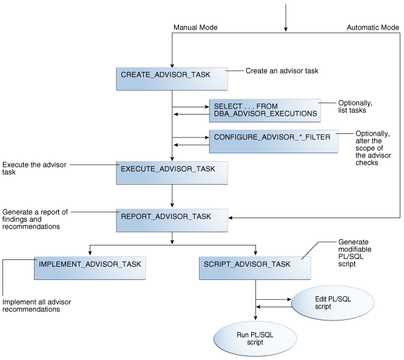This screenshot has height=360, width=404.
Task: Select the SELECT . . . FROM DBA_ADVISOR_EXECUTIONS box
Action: click(264, 110)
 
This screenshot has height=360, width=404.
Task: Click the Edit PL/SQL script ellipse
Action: click(331, 302)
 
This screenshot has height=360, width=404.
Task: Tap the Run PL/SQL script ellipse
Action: click(255, 338)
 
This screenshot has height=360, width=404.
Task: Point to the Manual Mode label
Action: click(195, 28)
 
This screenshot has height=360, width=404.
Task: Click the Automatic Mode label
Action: click(372, 28)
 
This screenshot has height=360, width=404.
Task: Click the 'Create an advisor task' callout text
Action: click(282, 71)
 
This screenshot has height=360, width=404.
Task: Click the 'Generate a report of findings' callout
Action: click(35, 219)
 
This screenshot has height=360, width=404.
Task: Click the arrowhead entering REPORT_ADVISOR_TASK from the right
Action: click(231, 217)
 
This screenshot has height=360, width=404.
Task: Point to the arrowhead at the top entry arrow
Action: click(285, 28)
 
